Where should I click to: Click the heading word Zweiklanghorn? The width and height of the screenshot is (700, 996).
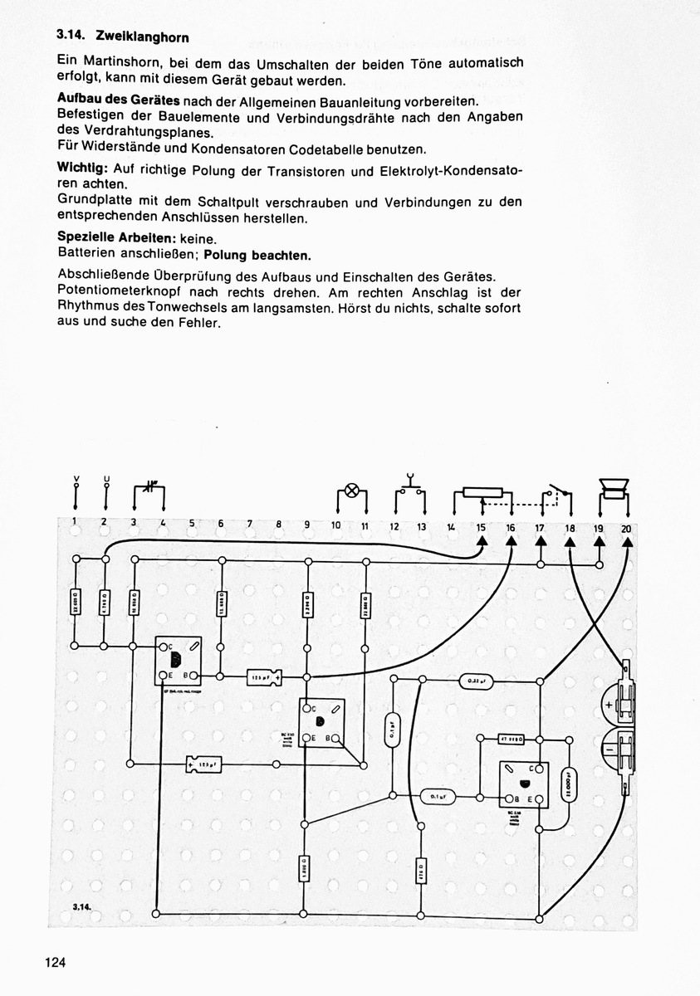[x=143, y=37]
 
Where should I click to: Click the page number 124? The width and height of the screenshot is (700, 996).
[x=56, y=963]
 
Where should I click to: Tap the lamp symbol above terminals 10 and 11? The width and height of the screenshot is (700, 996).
[x=351, y=490]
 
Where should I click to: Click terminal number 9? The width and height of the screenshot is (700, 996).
[x=306, y=525]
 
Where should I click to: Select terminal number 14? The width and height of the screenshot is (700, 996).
[x=450, y=527]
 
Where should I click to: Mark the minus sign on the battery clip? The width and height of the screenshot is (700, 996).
[x=609, y=749]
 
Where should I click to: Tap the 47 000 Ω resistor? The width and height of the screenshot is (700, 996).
[x=509, y=738]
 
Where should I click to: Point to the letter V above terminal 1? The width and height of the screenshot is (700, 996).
[x=76, y=479]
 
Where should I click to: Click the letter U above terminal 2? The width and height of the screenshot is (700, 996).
[x=105, y=479]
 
